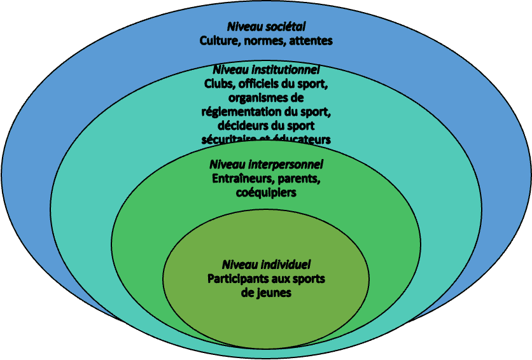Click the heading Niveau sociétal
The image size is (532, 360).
click(x=267, y=27)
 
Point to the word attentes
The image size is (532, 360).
click(x=310, y=41)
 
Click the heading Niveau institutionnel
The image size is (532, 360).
click(x=266, y=69)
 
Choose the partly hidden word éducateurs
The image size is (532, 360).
click(x=303, y=139)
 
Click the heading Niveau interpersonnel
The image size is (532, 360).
click(x=266, y=164)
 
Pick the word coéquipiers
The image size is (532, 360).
click(x=266, y=192)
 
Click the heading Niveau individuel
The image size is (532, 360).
click(x=266, y=264)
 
